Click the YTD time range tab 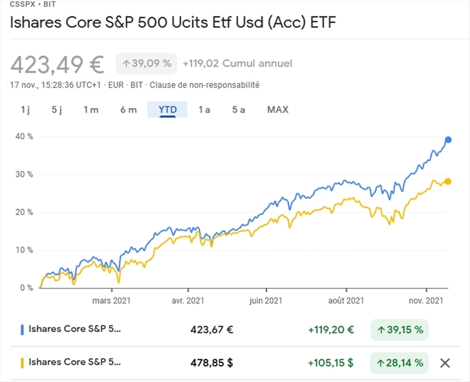tap(167, 110)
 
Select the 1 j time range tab tap(25, 110)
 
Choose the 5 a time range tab tap(239, 110)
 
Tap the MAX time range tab tap(278, 110)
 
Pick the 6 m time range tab tap(128, 110)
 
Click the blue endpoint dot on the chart tap(448, 140)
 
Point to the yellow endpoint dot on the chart tap(448, 182)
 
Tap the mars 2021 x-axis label tap(112, 300)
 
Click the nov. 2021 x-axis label tap(426, 300)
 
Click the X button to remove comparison tap(445, 363)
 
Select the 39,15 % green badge tap(399, 330)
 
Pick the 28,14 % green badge tap(399, 363)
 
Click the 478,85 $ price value tap(212, 363)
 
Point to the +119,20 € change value tap(331, 330)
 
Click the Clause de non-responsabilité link tap(204, 85)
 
